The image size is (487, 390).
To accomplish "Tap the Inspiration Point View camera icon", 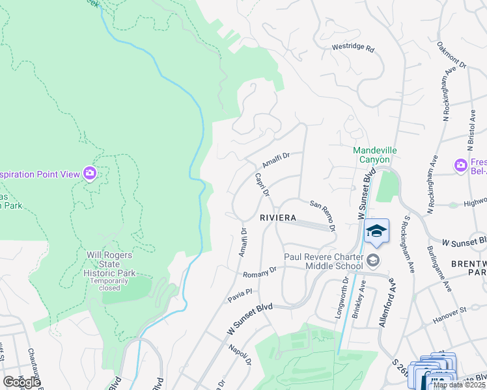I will click(90, 173).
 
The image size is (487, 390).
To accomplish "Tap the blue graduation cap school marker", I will click(376, 231).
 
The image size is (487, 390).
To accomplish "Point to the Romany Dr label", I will click(260, 274).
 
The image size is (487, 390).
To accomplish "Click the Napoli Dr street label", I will click(240, 356).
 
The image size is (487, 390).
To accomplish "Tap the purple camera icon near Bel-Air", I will click(461, 166).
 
